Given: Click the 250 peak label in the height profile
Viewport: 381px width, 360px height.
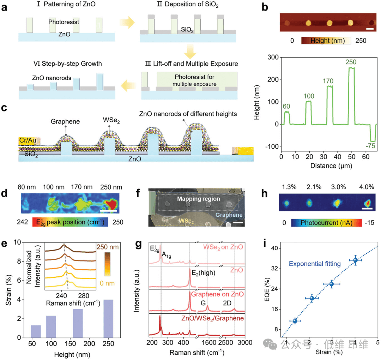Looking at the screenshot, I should tap(351, 62).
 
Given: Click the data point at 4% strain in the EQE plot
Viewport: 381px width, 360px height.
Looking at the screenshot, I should tap(356, 260).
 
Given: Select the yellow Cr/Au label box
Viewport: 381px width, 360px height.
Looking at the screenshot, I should tap(28, 141).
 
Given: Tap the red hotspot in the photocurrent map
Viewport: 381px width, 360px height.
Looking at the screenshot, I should tap(368, 203).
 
